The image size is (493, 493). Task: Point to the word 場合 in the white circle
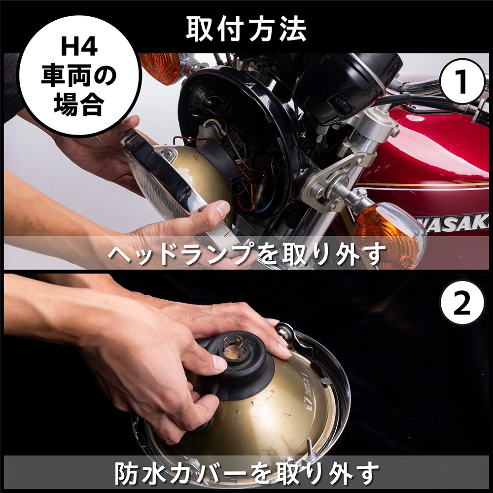coord(79,105)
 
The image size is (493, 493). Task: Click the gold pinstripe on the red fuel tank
coord(429,186)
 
